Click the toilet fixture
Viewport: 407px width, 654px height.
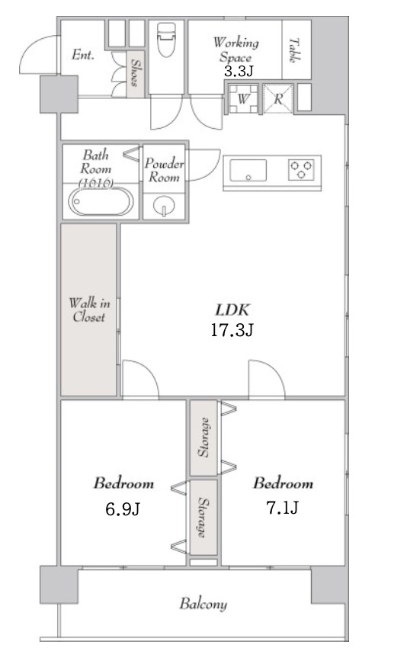click(x=166, y=39)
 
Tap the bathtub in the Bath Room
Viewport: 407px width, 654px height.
click(x=101, y=201)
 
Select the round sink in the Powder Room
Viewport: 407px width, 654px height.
click(x=164, y=206)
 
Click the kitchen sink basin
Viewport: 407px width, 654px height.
click(x=248, y=170)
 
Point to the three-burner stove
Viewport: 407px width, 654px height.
click(x=301, y=169)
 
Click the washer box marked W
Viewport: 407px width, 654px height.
click(x=243, y=99)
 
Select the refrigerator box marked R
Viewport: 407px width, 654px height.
click(x=278, y=99)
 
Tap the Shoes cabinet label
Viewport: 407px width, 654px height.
click(x=135, y=72)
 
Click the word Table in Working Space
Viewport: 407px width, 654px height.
click(x=294, y=50)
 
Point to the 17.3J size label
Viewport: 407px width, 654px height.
click(x=232, y=330)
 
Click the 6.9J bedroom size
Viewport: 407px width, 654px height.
click(x=123, y=509)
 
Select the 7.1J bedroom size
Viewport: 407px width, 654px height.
click(x=282, y=508)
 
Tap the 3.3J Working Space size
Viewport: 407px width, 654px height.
click(x=239, y=72)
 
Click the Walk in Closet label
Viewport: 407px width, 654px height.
click(x=89, y=310)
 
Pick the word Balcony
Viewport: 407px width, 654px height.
click(x=203, y=604)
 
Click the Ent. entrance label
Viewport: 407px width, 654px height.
click(x=83, y=54)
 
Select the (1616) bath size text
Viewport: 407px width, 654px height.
click(x=96, y=183)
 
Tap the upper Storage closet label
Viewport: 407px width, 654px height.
click(x=203, y=437)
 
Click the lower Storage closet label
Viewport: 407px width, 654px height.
click(x=203, y=517)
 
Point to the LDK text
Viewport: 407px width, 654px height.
click(x=232, y=310)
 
